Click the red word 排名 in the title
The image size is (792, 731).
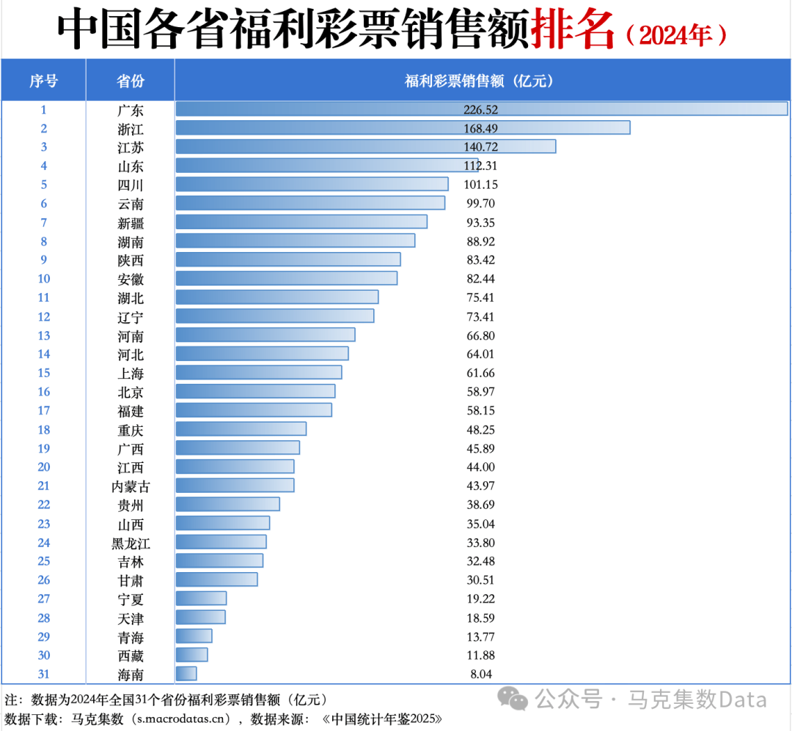click(x=572, y=30)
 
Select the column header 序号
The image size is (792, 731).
click(x=43, y=81)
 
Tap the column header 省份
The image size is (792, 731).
click(x=131, y=81)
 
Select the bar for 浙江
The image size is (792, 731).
click(x=403, y=128)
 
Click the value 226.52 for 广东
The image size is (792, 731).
click(x=480, y=110)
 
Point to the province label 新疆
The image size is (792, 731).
click(x=131, y=223)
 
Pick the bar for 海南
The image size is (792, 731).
click(x=186, y=674)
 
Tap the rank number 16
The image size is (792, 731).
click(x=43, y=392)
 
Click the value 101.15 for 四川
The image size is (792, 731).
click(x=480, y=185)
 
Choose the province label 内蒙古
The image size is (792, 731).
click(x=131, y=486)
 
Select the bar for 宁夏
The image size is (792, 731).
click(x=201, y=598)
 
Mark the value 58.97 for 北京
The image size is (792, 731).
click(x=480, y=392)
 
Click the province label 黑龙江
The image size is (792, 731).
click(x=131, y=543)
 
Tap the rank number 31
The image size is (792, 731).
click(x=43, y=674)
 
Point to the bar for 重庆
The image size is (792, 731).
click(x=241, y=429)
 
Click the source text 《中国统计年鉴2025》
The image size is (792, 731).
click(x=382, y=718)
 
